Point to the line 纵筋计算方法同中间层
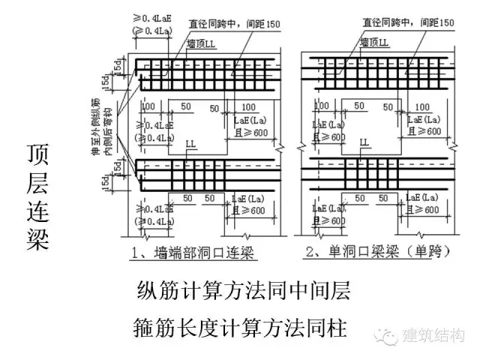pyautogui.click(x=244, y=289)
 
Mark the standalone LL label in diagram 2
pyautogui.click(x=364, y=141)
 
